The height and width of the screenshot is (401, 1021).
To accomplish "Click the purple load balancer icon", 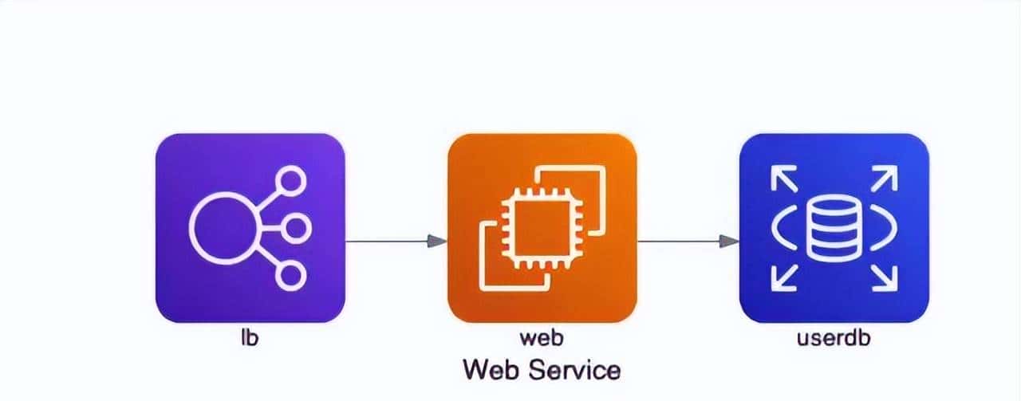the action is tap(250, 228).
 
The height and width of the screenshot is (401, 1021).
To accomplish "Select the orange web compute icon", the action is tap(542, 228).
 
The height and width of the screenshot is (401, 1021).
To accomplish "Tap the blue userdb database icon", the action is tap(834, 228).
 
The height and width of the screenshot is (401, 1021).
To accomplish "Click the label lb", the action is tap(250, 338).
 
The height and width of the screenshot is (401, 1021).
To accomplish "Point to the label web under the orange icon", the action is tap(542, 339).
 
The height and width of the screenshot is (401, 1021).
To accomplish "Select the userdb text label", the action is tap(834, 338).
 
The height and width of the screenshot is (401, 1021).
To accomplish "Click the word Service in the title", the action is tap(575, 370).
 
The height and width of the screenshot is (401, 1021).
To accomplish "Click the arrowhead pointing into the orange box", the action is tap(437, 241).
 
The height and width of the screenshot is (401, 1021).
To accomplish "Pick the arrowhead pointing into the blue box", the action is tap(729, 241).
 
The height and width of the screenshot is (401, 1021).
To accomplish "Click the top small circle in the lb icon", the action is tap(291, 181).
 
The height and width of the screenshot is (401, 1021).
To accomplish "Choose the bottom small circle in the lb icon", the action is tap(291, 276).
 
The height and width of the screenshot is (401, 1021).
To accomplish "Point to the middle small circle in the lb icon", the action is tap(296, 228).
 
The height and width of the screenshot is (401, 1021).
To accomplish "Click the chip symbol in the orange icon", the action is tap(542, 228).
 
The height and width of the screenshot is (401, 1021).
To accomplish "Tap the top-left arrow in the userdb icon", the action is tap(783, 179).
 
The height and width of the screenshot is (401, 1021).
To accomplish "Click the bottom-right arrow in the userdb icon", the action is tap(885, 278).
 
